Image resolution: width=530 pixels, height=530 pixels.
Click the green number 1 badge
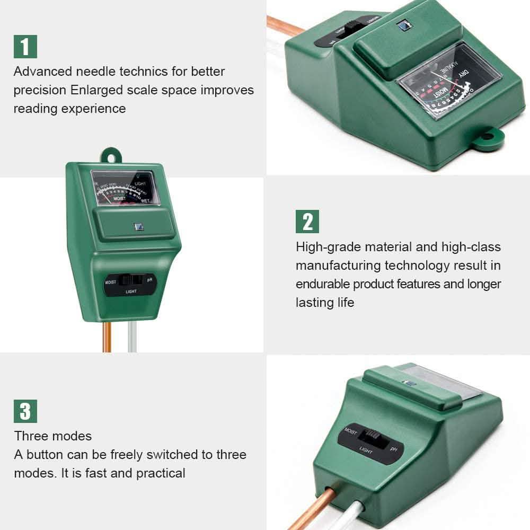click(x=25, y=46)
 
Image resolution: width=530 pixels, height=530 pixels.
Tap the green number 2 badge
click(x=307, y=221)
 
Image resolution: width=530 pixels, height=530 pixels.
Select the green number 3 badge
click(x=25, y=411)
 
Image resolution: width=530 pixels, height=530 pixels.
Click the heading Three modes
click(x=53, y=436)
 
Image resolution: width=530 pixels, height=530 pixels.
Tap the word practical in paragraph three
click(x=161, y=473)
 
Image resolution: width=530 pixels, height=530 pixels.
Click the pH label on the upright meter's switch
click(x=150, y=278)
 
